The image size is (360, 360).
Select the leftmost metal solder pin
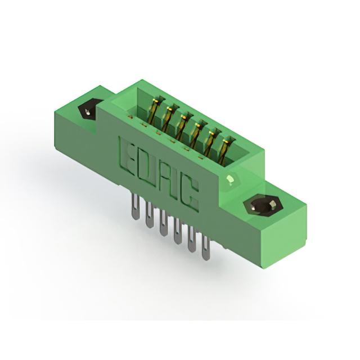[x=136, y=206]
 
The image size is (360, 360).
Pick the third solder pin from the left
[x=163, y=223]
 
